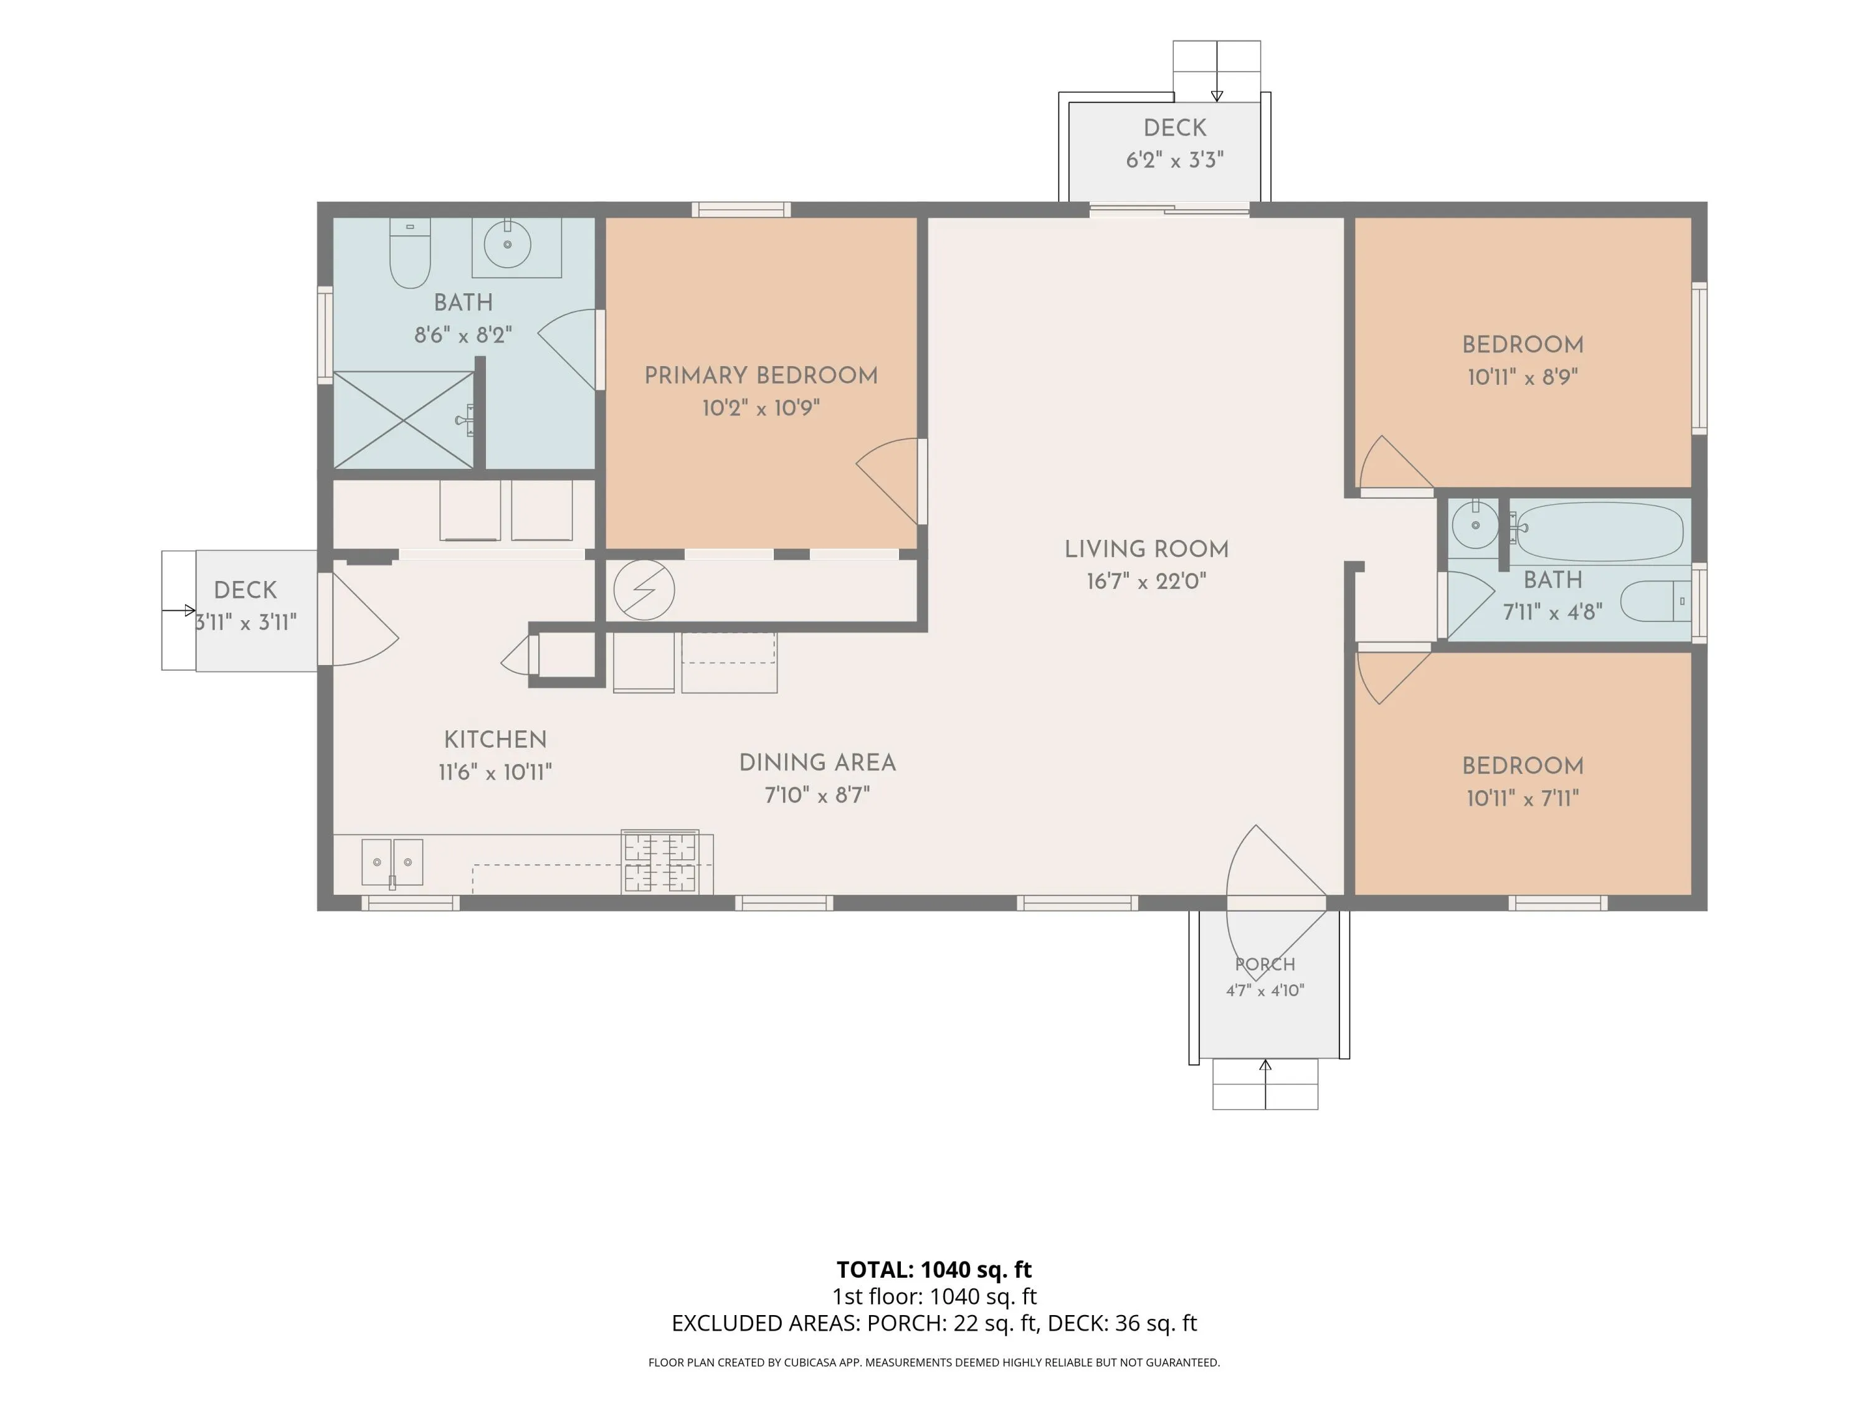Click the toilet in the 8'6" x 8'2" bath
[x=410, y=253]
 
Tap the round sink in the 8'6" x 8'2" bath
[x=508, y=244]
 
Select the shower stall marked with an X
[x=404, y=420]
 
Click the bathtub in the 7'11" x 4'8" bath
[x=1596, y=531]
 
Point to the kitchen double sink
[x=392, y=861]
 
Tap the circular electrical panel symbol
[x=644, y=590]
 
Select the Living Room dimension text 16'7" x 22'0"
[x=1146, y=581]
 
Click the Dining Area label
[x=817, y=763]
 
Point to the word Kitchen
[x=495, y=740]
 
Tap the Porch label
[x=1265, y=965]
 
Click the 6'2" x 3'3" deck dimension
[x=1174, y=159]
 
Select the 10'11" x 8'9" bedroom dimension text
[x=1523, y=377]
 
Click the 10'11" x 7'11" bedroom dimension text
[x=1523, y=798]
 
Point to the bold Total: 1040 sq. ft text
[x=934, y=1269]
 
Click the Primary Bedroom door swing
[x=887, y=481]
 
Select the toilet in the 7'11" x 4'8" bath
[x=1656, y=601]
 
